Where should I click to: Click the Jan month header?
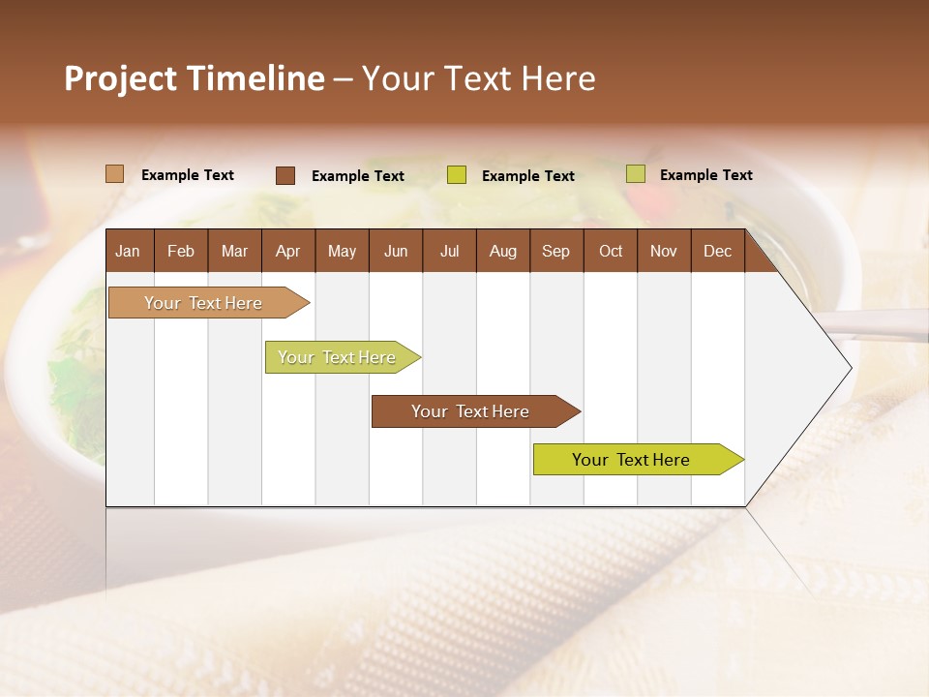(x=128, y=251)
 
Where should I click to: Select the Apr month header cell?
(x=287, y=251)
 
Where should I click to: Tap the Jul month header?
(x=449, y=251)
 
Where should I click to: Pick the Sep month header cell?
(x=555, y=251)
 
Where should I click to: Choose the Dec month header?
(x=717, y=251)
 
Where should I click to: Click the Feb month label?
(x=181, y=251)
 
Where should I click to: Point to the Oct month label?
(x=611, y=251)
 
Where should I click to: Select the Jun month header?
(x=396, y=251)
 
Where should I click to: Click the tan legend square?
(x=114, y=174)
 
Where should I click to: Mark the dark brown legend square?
(x=285, y=175)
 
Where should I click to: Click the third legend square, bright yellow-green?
(x=457, y=175)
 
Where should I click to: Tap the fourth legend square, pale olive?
(x=636, y=174)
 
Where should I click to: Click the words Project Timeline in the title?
(x=194, y=78)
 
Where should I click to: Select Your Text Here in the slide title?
(x=478, y=78)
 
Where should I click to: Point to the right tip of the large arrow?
(x=850, y=367)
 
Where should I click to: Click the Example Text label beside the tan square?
(x=188, y=175)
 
